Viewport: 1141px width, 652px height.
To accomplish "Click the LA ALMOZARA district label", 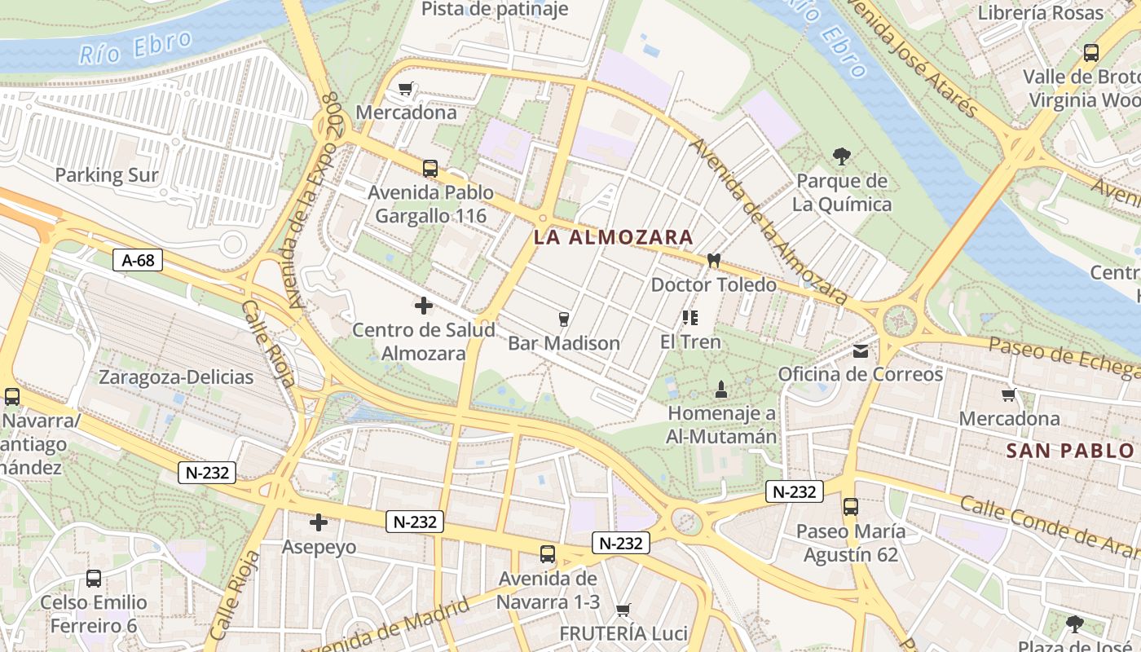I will point(613,237).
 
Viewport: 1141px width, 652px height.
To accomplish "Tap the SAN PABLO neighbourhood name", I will point(1070,451).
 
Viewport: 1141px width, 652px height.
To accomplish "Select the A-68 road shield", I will point(138,260).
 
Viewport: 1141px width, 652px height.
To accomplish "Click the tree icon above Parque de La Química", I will point(841,156).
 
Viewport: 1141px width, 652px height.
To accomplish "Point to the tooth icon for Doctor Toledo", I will point(714,261).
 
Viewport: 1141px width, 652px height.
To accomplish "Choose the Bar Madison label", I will point(564,343).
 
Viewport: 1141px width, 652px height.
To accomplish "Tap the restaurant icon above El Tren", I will point(690,317).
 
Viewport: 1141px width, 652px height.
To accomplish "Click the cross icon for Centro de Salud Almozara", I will point(424,306).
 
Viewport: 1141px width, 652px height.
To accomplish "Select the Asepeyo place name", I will point(319,546).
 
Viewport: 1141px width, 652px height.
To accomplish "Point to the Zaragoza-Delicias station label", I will point(176,377).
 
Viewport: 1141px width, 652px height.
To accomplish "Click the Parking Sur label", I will point(107,174).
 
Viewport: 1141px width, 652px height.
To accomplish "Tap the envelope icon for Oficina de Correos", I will point(861,351).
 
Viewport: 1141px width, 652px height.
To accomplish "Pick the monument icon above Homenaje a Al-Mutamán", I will point(720,390).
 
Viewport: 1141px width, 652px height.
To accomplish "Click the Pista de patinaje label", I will point(495,10).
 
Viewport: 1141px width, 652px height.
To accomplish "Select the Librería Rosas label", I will point(1041,12).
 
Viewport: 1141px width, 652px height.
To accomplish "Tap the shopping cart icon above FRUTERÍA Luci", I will point(623,610).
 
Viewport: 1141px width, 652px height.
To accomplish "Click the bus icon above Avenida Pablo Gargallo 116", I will point(430,169).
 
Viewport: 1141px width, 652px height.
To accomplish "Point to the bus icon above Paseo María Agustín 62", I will point(850,507).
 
